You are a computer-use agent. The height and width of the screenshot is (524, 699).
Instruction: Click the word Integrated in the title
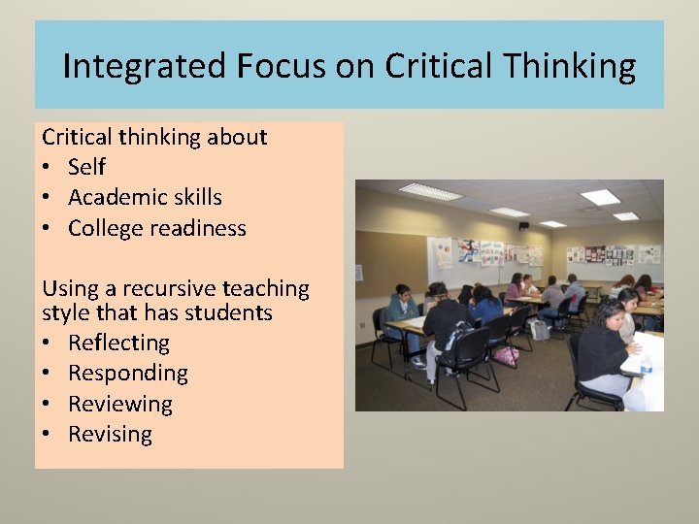tap(144, 66)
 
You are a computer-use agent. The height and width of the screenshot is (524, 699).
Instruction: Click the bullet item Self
tap(86, 167)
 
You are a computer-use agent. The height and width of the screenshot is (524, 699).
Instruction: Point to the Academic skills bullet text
tap(145, 198)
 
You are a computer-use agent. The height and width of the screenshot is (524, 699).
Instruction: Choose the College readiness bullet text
tap(157, 229)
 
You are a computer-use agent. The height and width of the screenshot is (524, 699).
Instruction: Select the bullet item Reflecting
tap(118, 343)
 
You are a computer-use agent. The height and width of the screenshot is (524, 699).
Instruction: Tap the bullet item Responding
tap(128, 374)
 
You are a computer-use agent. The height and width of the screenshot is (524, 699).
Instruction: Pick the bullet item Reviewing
tap(120, 404)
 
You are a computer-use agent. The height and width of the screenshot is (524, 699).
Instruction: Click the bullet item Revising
tap(110, 434)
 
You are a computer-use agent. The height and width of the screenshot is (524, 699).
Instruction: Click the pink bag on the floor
tap(506, 355)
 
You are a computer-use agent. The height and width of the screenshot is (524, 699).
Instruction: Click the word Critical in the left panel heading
tap(77, 137)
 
